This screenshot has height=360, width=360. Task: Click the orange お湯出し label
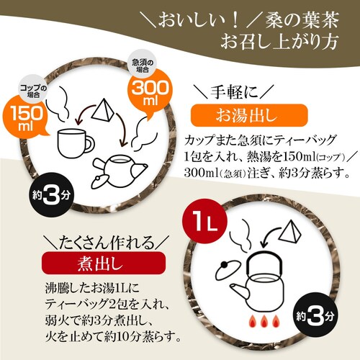pos(249,115)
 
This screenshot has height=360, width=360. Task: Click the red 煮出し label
pos(104,264)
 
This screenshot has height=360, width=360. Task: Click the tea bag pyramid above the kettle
pos(290,230)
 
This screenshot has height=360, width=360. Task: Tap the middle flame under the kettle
pos(264,321)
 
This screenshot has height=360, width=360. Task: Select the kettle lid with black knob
pos(227,271)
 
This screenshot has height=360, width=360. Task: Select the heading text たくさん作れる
pos(107,243)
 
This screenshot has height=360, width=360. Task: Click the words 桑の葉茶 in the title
pos(302,19)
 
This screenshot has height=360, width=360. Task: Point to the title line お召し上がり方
pos(279,41)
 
